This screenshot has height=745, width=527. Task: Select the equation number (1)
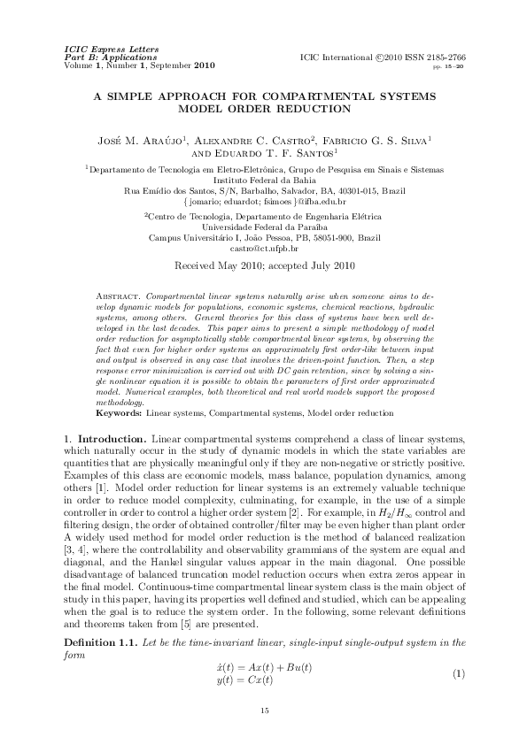[x=458, y=674]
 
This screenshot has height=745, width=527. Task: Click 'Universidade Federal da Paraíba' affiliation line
[x=263, y=226]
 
